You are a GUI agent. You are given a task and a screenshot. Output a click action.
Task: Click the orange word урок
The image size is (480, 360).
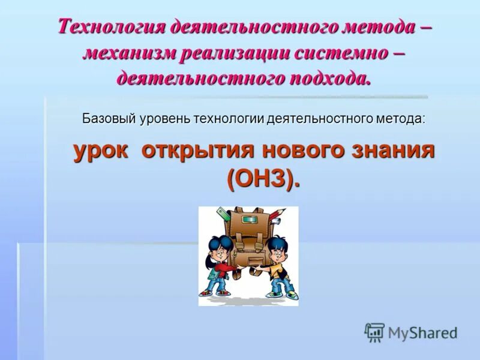pyautogui.click(x=100, y=150)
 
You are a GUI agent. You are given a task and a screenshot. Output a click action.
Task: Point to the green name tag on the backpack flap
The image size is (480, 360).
pyautogui.click(x=248, y=226)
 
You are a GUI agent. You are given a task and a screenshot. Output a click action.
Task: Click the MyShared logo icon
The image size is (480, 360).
pyautogui.click(x=374, y=332)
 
